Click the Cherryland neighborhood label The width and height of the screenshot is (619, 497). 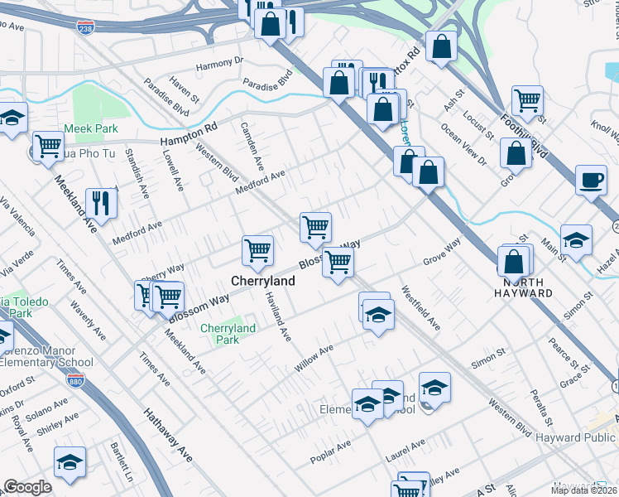(263, 282)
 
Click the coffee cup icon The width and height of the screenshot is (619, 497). (591, 180)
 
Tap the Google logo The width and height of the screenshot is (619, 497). (27, 487)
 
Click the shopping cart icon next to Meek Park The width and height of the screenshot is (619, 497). (49, 146)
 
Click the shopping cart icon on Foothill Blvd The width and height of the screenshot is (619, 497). (526, 100)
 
